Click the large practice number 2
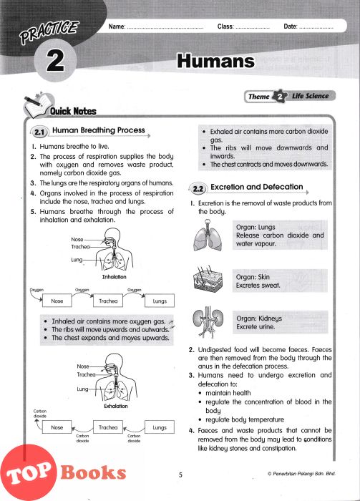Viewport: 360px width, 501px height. point(55,61)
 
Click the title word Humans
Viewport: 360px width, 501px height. point(216,61)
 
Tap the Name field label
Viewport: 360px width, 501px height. point(117,26)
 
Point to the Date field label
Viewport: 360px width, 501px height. point(291,26)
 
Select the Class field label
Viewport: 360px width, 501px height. point(225,26)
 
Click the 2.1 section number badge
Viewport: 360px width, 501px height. point(39,132)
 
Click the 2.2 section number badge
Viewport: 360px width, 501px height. point(198,189)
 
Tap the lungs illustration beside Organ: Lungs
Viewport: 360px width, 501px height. point(208,235)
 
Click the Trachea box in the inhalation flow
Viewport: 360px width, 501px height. point(108,301)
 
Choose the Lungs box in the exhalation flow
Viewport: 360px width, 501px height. point(160,427)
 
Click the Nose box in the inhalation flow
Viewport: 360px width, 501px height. point(57,301)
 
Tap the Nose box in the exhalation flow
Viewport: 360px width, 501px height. point(57,427)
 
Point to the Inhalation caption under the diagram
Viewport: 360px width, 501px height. point(114,277)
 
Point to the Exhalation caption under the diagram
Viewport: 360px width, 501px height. point(116,406)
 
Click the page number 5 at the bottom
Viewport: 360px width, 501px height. point(180,475)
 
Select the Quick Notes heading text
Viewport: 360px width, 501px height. point(73,111)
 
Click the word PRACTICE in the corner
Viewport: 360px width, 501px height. point(49,32)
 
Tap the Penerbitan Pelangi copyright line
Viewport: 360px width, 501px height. point(301,474)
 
